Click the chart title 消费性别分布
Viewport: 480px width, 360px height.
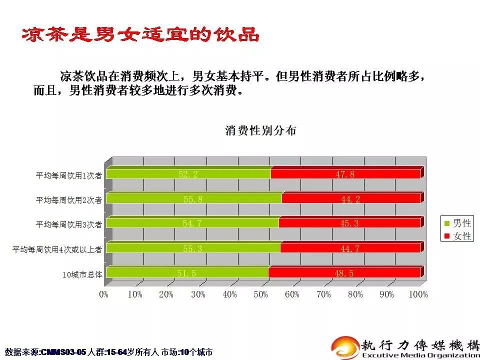[x=260, y=130]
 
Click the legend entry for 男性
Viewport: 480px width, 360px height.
[x=457, y=223]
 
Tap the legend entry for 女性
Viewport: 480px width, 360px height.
[x=457, y=236]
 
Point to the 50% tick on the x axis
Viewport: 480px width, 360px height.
[x=261, y=294]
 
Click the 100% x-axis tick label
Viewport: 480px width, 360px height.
[x=418, y=294]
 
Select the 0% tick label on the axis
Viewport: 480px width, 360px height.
[x=104, y=294]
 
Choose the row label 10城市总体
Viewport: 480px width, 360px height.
[x=82, y=274]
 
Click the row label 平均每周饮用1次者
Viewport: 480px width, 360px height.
[x=69, y=175]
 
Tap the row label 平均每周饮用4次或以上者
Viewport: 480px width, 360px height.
[x=57, y=250]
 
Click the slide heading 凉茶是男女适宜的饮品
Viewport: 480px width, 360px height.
[x=140, y=34]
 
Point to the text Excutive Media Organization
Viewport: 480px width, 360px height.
[x=419, y=355]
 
